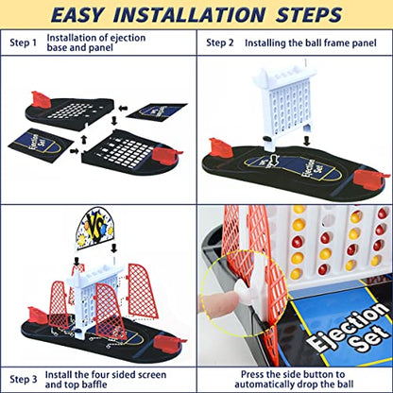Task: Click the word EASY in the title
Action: click(x=77, y=14)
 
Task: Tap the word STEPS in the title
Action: click(x=309, y=14)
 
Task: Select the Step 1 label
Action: click(x=23, y=43)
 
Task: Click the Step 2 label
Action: click(x=220, y=43)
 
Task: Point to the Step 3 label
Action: click(x=23, y=379)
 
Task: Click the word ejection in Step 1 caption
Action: click(x=125, y=38)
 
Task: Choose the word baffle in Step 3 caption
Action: click(x=94, y=384)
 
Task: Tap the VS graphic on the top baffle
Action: click(x=95, y=228)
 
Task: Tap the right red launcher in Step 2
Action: click(x=369, y=178)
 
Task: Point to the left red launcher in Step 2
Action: click(x=221, y=147)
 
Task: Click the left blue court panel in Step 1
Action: click(x=40, y=145)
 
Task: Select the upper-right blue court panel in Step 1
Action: click(x=157, y=114)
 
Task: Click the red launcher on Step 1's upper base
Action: click(x=41, y=99)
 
